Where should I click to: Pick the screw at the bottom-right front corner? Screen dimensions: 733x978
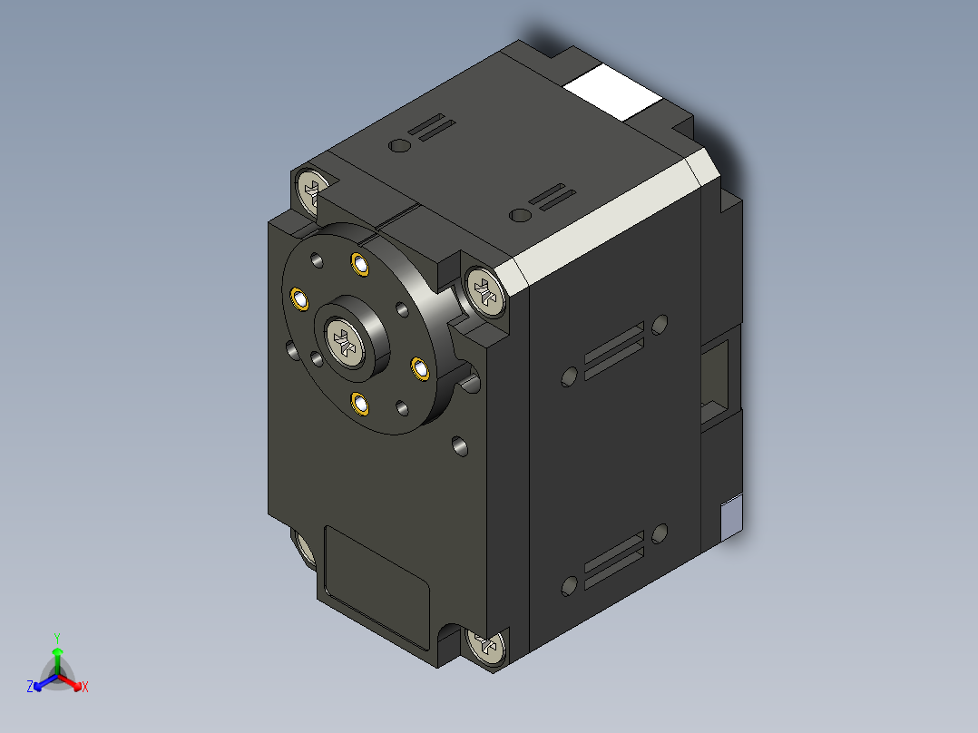[x=487, y=647]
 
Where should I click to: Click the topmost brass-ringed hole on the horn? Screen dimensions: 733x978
[x=360, y=265]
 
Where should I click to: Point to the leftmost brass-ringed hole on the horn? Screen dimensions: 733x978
[x=298, y=297]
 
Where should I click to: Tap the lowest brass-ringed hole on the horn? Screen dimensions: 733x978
[x=360, y=402]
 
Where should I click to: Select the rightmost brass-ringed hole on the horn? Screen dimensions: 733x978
[x=420, y=367]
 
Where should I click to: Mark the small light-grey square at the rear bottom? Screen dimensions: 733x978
[x=730, y=519]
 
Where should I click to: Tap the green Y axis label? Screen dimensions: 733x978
[x=57, y=637]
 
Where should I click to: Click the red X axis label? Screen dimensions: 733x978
[x=85, y=688]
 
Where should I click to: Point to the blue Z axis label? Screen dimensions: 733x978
[x=30, y=688]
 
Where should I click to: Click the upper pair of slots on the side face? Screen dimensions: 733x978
[x=614, y=349]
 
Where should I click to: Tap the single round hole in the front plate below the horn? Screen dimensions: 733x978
[x=460, y=445]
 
